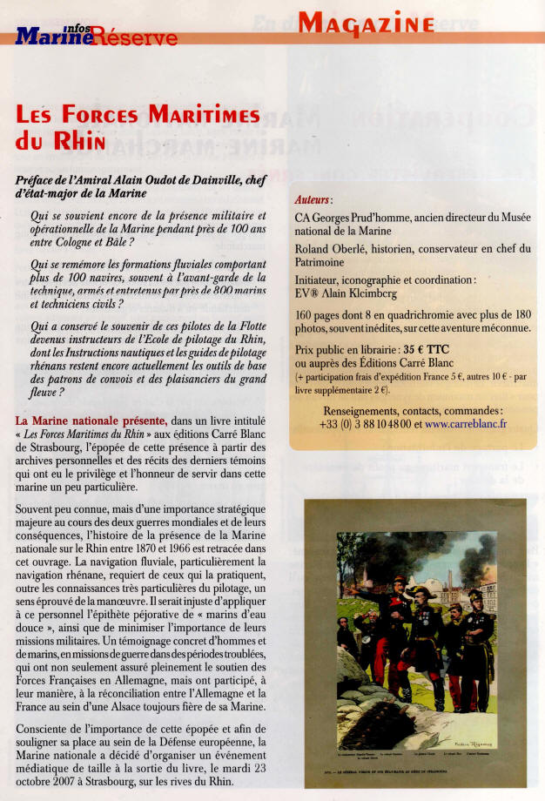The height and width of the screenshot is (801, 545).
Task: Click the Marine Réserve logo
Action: point(96,36)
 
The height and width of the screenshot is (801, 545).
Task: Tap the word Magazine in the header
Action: point(366,24)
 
